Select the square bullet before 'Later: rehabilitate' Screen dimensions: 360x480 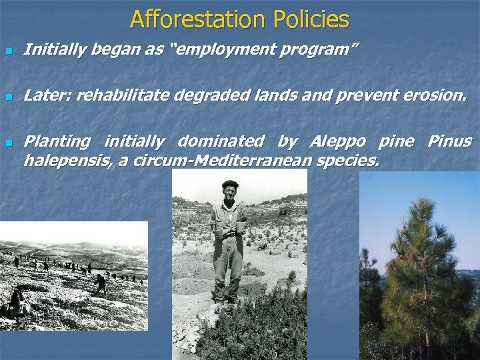8,97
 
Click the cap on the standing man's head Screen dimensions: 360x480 230,184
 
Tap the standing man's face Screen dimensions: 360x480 230,194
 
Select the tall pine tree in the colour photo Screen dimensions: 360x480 420,267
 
